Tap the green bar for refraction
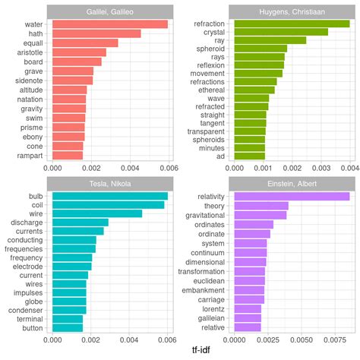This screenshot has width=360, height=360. tap(292, 24)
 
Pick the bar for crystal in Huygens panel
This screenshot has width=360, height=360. tap(280, 32)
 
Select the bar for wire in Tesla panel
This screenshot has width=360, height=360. tap(97, 213)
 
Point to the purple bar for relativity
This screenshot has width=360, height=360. tap(292, 197)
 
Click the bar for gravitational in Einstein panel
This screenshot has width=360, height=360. tap(261, 215)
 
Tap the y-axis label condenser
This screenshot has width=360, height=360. tap(26, 309)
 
